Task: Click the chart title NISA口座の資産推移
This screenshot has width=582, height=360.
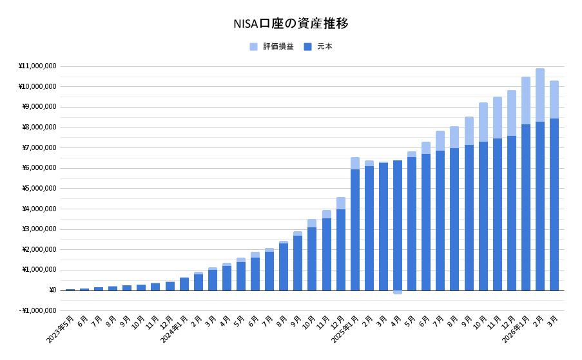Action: [x=291, y=24]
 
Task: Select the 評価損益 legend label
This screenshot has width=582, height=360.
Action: [x=278, y=46]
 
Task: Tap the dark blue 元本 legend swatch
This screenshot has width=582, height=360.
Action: [x=307, y=46]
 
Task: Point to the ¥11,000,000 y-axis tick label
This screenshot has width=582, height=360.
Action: [x=37, y=66]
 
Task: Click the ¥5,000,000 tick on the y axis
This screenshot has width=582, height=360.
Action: [x=39, y=188]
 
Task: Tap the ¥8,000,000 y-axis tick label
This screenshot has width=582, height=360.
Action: [x=39, y=127]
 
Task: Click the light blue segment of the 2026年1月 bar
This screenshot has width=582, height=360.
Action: [x=526, y=100]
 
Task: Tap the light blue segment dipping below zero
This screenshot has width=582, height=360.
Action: [x=398, y=292]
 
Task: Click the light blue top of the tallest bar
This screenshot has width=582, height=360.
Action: [x=540, y=95]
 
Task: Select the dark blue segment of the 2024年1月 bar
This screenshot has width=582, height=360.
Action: [x=184, y=284]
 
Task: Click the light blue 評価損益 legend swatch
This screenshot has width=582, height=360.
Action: [x=253, y=46]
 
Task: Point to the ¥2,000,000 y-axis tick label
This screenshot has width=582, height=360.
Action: [x=39, y=249]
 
